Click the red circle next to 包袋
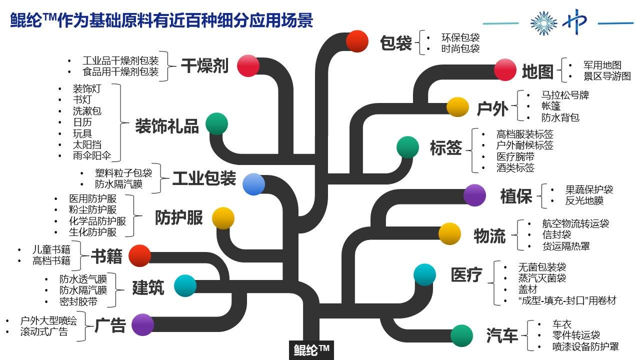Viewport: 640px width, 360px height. coord(357,41)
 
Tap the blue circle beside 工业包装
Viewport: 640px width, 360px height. coord(253,184)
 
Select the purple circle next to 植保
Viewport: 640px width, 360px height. coord(474,195)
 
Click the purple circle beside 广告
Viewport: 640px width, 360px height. coord(142,325)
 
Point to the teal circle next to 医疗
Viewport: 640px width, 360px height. coord(425,274)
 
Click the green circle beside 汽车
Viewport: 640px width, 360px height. coord(461,335)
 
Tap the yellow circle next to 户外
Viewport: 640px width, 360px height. coord(457,107)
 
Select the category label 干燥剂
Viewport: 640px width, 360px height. coord(204,65)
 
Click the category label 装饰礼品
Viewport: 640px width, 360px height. coord(167,126)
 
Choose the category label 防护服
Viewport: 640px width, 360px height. coord(179,218)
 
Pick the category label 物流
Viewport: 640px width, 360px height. coord(489,235)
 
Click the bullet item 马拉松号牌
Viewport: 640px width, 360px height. coord(565,95)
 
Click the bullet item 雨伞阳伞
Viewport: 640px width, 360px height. coord(92,156)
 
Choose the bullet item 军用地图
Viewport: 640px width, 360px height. coord(602,65)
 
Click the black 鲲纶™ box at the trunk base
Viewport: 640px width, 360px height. coord(311,350)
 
